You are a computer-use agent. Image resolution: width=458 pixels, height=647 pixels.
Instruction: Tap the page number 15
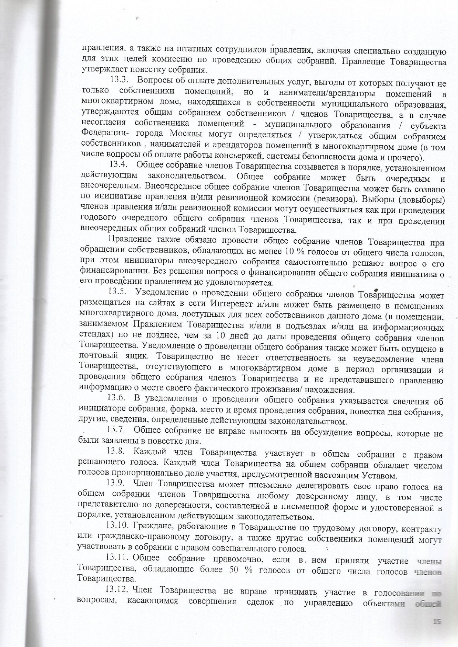437,622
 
